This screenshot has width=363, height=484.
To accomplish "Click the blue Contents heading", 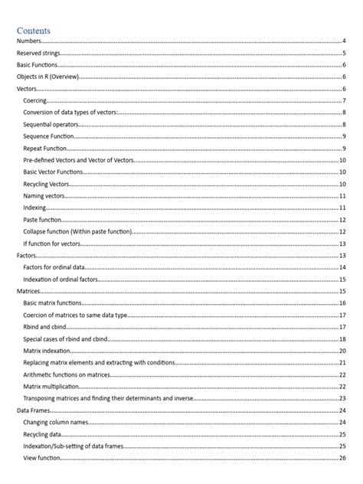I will pos(38,30).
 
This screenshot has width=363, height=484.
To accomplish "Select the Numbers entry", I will pos(29,41).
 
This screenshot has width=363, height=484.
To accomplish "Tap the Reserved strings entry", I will pos(39,54).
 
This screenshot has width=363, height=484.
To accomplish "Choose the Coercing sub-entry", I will pos(35,101).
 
